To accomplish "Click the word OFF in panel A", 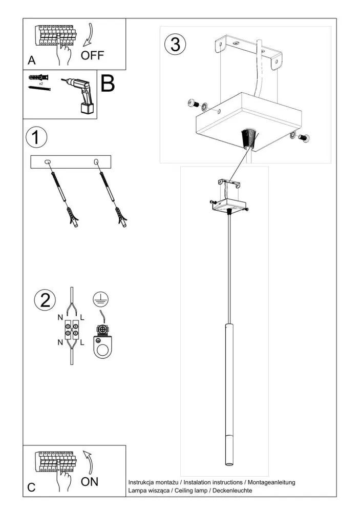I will [93, 55].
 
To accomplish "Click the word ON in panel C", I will [90, 481].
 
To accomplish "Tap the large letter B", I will [108, 84].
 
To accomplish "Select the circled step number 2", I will [45, 300].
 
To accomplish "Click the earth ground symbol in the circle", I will [101, 299].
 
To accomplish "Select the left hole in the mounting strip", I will [48, 162].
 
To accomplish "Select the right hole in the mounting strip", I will [96, 162].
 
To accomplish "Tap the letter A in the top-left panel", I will [32, 60].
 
